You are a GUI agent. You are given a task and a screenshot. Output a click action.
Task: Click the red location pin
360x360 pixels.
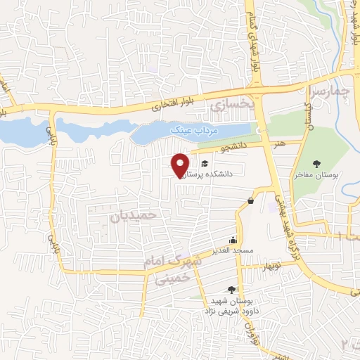[x=181, y=165]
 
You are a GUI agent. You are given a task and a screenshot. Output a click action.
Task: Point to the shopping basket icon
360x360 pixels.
[x=251, y=202]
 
